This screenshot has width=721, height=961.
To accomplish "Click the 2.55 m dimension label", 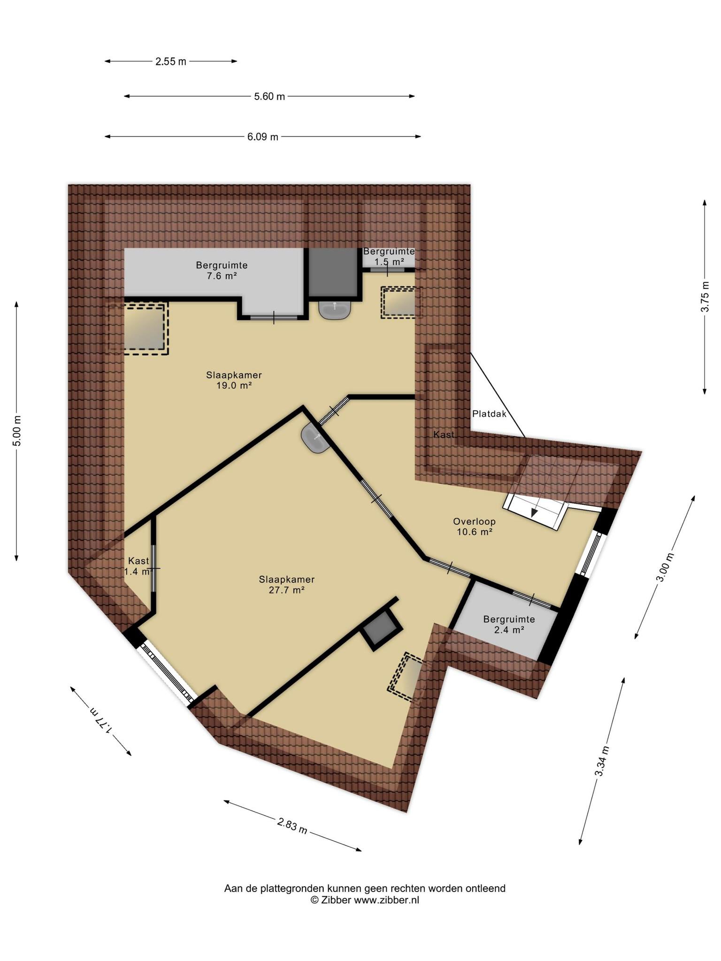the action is point(171,61).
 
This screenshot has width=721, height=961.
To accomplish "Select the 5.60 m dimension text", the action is point(269,97).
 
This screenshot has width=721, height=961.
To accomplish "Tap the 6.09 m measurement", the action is point(263,137).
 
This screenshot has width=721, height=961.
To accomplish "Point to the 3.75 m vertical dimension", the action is point(705,297).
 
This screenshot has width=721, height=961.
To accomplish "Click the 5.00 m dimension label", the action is point(17,431).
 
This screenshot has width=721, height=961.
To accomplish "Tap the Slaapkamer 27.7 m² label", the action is point(287,585).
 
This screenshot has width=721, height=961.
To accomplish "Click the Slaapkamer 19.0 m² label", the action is point(234,380).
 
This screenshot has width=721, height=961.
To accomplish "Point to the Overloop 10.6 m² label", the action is point(474,526).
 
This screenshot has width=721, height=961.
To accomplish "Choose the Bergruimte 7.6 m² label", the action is point(222,270).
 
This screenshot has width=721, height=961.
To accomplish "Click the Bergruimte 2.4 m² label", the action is point(509,625).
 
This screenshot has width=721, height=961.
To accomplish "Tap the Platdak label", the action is point(489,414).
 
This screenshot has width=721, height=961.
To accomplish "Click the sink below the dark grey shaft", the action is point(335,310).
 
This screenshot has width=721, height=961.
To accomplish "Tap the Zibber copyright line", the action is point(365,900).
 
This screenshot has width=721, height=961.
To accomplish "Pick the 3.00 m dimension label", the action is point(665,567).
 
